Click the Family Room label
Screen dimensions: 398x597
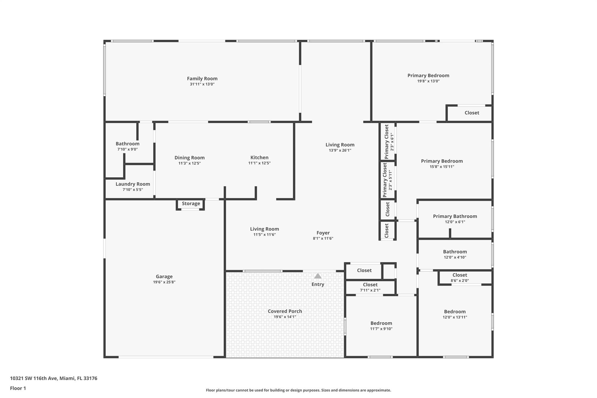click(x=202, y=78)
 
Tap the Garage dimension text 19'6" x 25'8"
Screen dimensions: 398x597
click(x=164, y=282)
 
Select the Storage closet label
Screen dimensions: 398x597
click(x=191, y=204)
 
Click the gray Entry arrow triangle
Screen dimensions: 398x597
click(x=318, y=276)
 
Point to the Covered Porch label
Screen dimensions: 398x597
click(x=285, y=311)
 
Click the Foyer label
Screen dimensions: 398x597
click(x=323, y=233)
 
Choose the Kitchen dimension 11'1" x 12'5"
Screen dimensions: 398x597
click(x=259, y=163)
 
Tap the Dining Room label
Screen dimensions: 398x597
click(x=189, y=157)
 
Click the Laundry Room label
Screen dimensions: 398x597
click(x=133, y=184)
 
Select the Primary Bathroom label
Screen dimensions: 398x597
click(x=455, y=216)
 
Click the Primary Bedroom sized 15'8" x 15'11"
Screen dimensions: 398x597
click(x=442, y=161)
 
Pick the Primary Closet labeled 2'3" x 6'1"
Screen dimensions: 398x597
click(x=387, y=142)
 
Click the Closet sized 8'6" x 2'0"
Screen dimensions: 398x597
click(x=460, y=275)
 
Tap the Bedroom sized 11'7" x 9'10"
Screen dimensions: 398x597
click(x=381, y=323)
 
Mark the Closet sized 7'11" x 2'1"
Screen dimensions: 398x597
click(x=370, y=285)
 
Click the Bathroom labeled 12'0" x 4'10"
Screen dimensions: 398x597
click(x=455, y=252)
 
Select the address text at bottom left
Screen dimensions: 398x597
click(x=54, y=378)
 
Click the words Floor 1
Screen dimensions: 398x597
click(x=18, y=388)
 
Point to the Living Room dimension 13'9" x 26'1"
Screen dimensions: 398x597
click(x=340, y=150)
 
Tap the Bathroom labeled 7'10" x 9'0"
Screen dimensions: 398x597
click(x=127, y=144)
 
